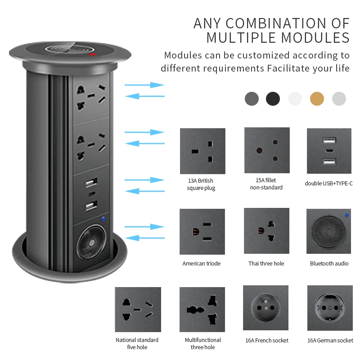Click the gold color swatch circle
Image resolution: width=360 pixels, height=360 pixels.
(x=317, y=99)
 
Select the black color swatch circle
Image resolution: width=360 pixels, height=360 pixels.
(x=273, y=99)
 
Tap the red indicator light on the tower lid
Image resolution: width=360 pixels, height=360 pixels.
(x=93, y=54)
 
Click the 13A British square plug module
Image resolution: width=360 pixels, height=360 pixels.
(x=202, y=151)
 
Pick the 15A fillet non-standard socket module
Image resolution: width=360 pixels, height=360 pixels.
(x=267, y=150)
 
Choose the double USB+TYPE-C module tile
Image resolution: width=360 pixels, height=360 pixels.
(x=329, y=151)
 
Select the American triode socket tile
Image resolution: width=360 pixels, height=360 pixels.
(x=202, y=232)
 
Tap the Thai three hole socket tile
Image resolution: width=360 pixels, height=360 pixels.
(x=266, y=231)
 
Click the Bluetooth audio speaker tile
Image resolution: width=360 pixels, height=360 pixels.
(x=328, y=231)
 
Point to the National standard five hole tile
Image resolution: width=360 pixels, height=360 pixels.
(x=138, y=310)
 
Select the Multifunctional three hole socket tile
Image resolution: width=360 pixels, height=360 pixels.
(x=202, y=310)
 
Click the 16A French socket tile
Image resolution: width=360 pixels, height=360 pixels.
(x=265, y=308)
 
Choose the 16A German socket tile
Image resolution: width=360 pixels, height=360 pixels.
(x=330, y=308)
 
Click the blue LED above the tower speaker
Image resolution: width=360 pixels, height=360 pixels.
(x=103, y=219)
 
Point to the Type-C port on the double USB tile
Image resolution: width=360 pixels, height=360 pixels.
(x=329, y=151)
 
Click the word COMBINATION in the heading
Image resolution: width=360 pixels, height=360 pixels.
(x=276, y=23)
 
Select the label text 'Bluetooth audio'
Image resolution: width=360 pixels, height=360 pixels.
(x=329, y=263)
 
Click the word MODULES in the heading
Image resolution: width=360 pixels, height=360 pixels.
(x=315, y=38)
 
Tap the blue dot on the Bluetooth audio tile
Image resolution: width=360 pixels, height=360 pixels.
(x=346, y=215)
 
